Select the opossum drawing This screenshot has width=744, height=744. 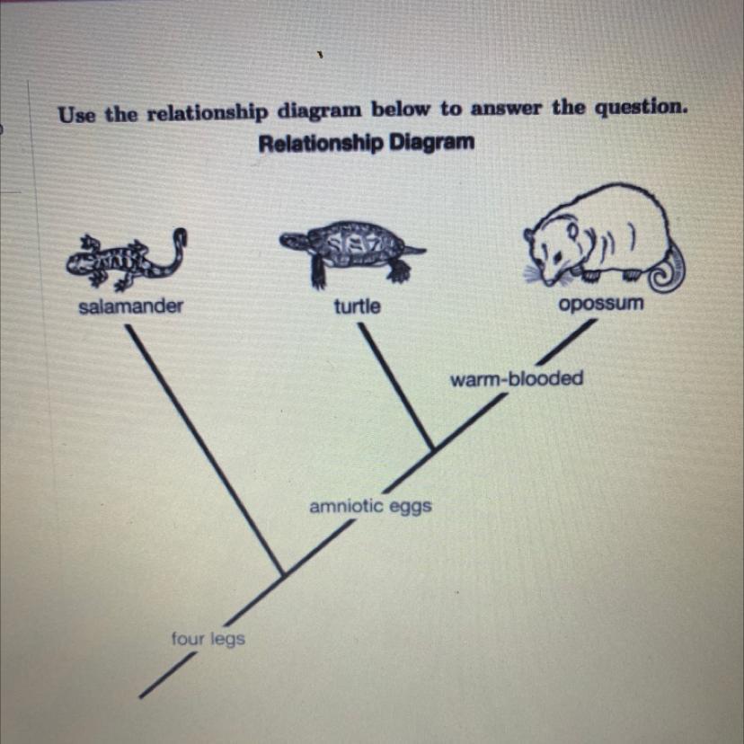602,238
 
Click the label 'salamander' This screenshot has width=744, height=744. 130,306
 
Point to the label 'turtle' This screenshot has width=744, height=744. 357,306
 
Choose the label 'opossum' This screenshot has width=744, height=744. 601,304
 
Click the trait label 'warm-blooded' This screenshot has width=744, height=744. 517,378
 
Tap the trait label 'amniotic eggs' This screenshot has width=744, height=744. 370,507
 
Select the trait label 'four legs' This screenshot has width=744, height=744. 208,639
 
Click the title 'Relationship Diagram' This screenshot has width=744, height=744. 366,143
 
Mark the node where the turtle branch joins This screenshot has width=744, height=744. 433,447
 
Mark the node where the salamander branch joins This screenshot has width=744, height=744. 284,573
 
